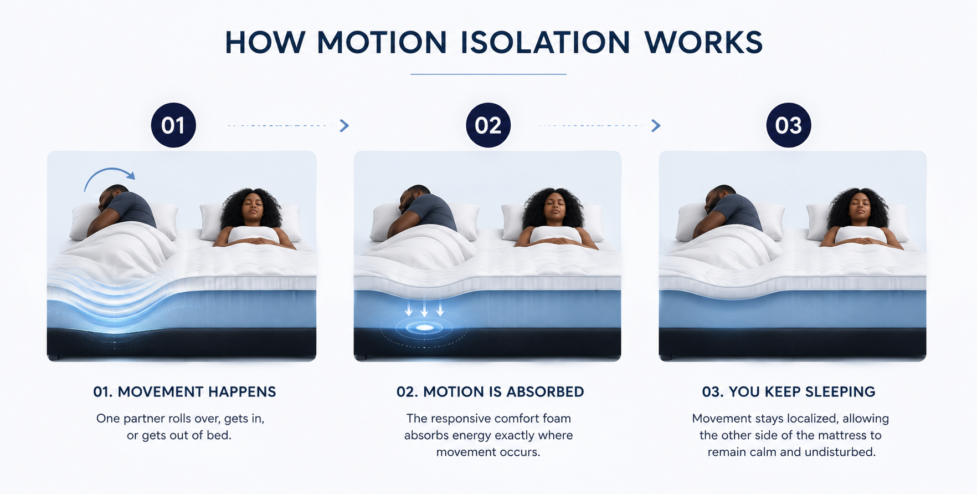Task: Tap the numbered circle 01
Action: coord(173,125)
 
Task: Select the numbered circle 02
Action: coord(488,125)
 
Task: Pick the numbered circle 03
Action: coord(789,125)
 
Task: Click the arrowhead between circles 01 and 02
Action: coord(344,126)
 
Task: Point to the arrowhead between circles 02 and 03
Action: coord(656,126)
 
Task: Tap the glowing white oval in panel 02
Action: coord(425,328)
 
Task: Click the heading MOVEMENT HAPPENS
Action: coord(197,392)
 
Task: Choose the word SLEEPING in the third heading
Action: coord(840,392)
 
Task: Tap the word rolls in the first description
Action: coord(178,419)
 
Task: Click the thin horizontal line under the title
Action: coord(488,74)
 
